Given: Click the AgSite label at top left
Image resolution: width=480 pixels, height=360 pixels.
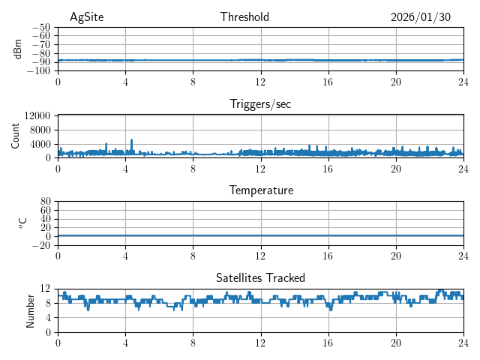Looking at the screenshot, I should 86,17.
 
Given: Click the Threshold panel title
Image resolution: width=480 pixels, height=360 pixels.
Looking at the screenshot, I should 244,17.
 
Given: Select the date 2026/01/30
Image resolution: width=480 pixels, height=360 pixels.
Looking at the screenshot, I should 421,17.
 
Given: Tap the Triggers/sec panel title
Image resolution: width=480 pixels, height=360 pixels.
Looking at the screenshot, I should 260,104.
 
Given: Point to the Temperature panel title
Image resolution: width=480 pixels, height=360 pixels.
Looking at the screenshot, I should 260,190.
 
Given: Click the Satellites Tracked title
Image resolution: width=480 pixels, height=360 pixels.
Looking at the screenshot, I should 260,277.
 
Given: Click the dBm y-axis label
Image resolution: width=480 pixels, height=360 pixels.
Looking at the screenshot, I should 18,49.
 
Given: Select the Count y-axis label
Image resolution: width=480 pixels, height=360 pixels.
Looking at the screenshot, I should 16,136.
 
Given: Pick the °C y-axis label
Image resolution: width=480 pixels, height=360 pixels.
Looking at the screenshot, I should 22,223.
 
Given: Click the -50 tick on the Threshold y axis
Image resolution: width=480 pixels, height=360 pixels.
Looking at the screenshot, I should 40,27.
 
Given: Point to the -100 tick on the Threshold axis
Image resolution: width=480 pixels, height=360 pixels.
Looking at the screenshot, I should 38,70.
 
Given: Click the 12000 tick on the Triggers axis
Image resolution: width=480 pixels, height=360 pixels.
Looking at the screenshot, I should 37,115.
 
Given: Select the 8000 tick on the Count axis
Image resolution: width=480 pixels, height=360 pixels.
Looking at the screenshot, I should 39,130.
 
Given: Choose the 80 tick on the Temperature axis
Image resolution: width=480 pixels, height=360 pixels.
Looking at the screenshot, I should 45,202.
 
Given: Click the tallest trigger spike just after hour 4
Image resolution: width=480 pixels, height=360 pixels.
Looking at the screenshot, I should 132,140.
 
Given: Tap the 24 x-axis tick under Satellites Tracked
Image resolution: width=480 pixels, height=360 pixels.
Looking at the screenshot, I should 463,342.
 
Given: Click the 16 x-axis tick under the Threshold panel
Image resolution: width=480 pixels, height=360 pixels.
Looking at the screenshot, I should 328,81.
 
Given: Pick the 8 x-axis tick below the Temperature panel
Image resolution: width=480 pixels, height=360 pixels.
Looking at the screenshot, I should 193,255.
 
